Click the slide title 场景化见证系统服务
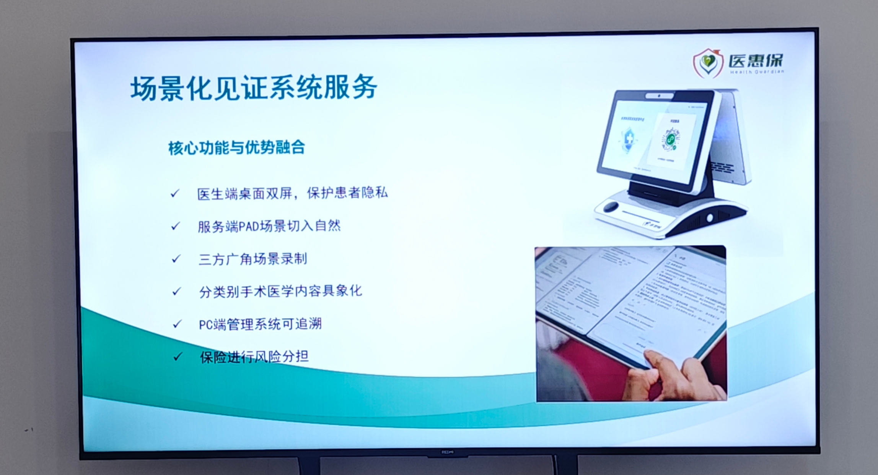click(254, 88)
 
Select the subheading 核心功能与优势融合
click(236, 148)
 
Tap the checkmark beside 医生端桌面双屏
click(175, 193)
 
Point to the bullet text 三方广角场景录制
click(252, 259)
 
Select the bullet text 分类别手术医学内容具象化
click(280, 292)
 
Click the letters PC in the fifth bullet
click(205, 325)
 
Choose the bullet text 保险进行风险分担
click(254, 357)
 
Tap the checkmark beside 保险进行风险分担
click(177, 357)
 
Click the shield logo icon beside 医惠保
click(708, 63)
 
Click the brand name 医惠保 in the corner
click(755, 60)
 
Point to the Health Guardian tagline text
click(756, 72)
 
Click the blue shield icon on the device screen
click(629, 140)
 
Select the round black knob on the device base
click(611, 207)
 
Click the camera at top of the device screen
click(659, 96)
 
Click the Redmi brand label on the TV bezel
click(447, 452)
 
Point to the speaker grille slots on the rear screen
click(722, 167)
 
